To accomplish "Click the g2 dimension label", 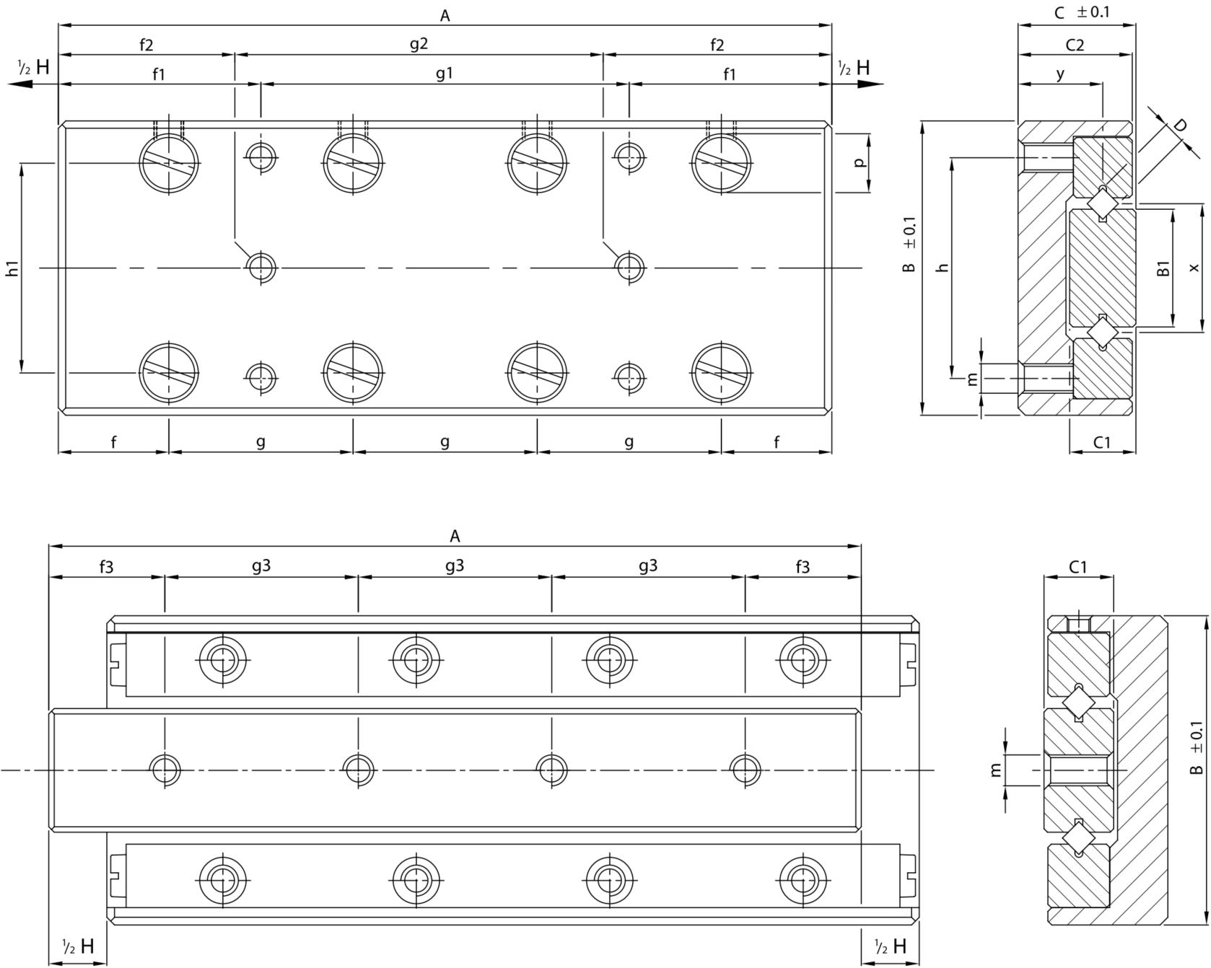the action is click(x=419, y=45).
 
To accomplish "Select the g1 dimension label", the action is click(x=445, y=74).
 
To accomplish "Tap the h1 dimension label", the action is click(x=12, y=268).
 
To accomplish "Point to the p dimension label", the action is click(x=859, y=163).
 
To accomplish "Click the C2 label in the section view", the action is click(x=1075, y=45).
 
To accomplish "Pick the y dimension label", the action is click(x=1060, y=74).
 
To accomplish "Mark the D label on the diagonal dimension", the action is click(x=1179, y=125).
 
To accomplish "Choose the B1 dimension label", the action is click(x=1163, y=269).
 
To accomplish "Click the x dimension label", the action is click(x=1195, y=268).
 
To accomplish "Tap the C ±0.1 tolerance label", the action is click(x=1082, y=12).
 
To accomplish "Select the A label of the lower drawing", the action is click(x=455, y=536).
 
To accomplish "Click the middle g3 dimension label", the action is click(x=455, y=566).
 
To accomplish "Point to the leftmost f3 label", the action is click(x=106, y=566).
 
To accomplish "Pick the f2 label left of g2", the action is click(x=147, y=45).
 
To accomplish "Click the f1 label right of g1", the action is click(x=730, y=74).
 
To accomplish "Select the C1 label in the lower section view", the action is click(x=1077, y=567).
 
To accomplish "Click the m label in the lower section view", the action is click(x=997, y=770).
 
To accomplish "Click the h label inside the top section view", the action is click(x=941, y=268).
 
